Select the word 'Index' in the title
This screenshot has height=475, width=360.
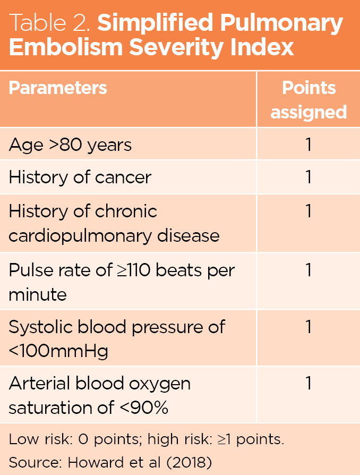265,48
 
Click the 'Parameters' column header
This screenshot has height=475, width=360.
58,88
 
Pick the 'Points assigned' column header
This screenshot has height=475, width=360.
308,99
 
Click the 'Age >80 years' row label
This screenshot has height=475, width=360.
70,145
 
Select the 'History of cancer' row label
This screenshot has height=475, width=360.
80,177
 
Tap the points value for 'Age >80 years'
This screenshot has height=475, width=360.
308,145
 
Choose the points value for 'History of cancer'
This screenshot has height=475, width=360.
308,177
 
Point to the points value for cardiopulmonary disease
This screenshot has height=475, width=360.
308,211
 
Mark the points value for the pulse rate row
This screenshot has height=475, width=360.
308,270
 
